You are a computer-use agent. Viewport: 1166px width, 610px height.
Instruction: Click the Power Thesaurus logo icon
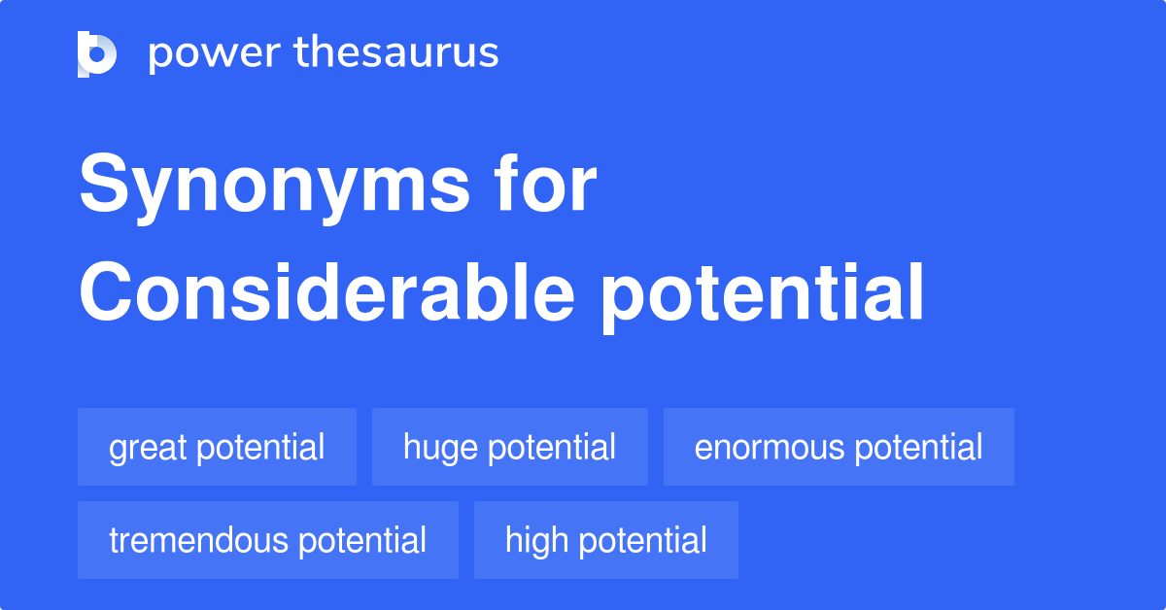pyautogui.click(x=97, y=53)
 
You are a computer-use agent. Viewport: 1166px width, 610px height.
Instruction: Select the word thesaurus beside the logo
pyautogui.click(x=397, y=53)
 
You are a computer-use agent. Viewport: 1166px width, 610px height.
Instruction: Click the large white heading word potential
pyautogui.click(x=761, y=295)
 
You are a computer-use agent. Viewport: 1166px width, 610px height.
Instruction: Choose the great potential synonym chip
pyautogui.click(x=217, y=447)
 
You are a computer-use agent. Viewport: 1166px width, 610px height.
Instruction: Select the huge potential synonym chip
pyautogui.click(x=509, y=447)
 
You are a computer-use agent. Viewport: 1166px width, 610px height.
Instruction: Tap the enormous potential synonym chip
pyautogui.click(x=839, y=447)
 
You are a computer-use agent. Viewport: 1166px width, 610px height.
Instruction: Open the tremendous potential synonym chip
pyautogui.click(x=267, y=540)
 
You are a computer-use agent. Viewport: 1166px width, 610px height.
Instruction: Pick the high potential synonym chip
pyautogui.click(x=605, y=540)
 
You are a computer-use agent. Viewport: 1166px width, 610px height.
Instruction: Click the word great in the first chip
pyautogui.click(x=148, y=448)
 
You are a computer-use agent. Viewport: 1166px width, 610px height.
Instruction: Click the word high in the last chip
pyautogui.click(x=537, y=540)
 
